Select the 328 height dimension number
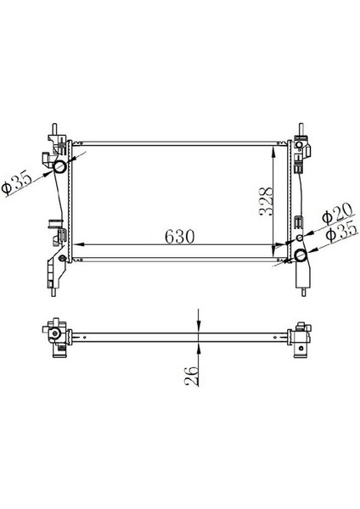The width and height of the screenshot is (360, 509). pyautogui.click(x=266, y=202)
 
